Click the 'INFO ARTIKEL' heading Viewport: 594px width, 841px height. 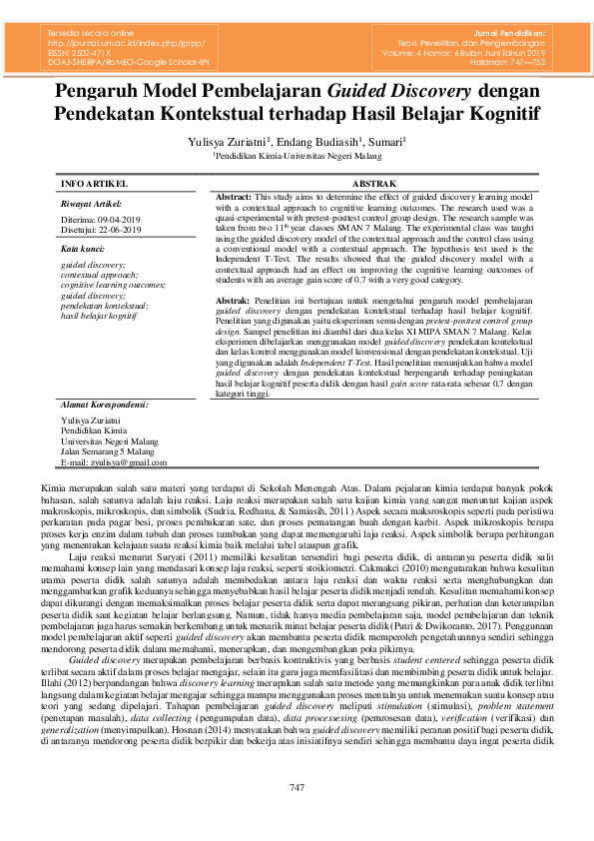(x=94, y=185)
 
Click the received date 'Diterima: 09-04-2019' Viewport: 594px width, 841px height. (x=100, y=219)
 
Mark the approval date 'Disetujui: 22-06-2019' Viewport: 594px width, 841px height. (x=101, y=229)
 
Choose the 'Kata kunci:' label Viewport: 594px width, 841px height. (x=83, y=247)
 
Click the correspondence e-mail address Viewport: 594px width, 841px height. (x=114, y=462)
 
